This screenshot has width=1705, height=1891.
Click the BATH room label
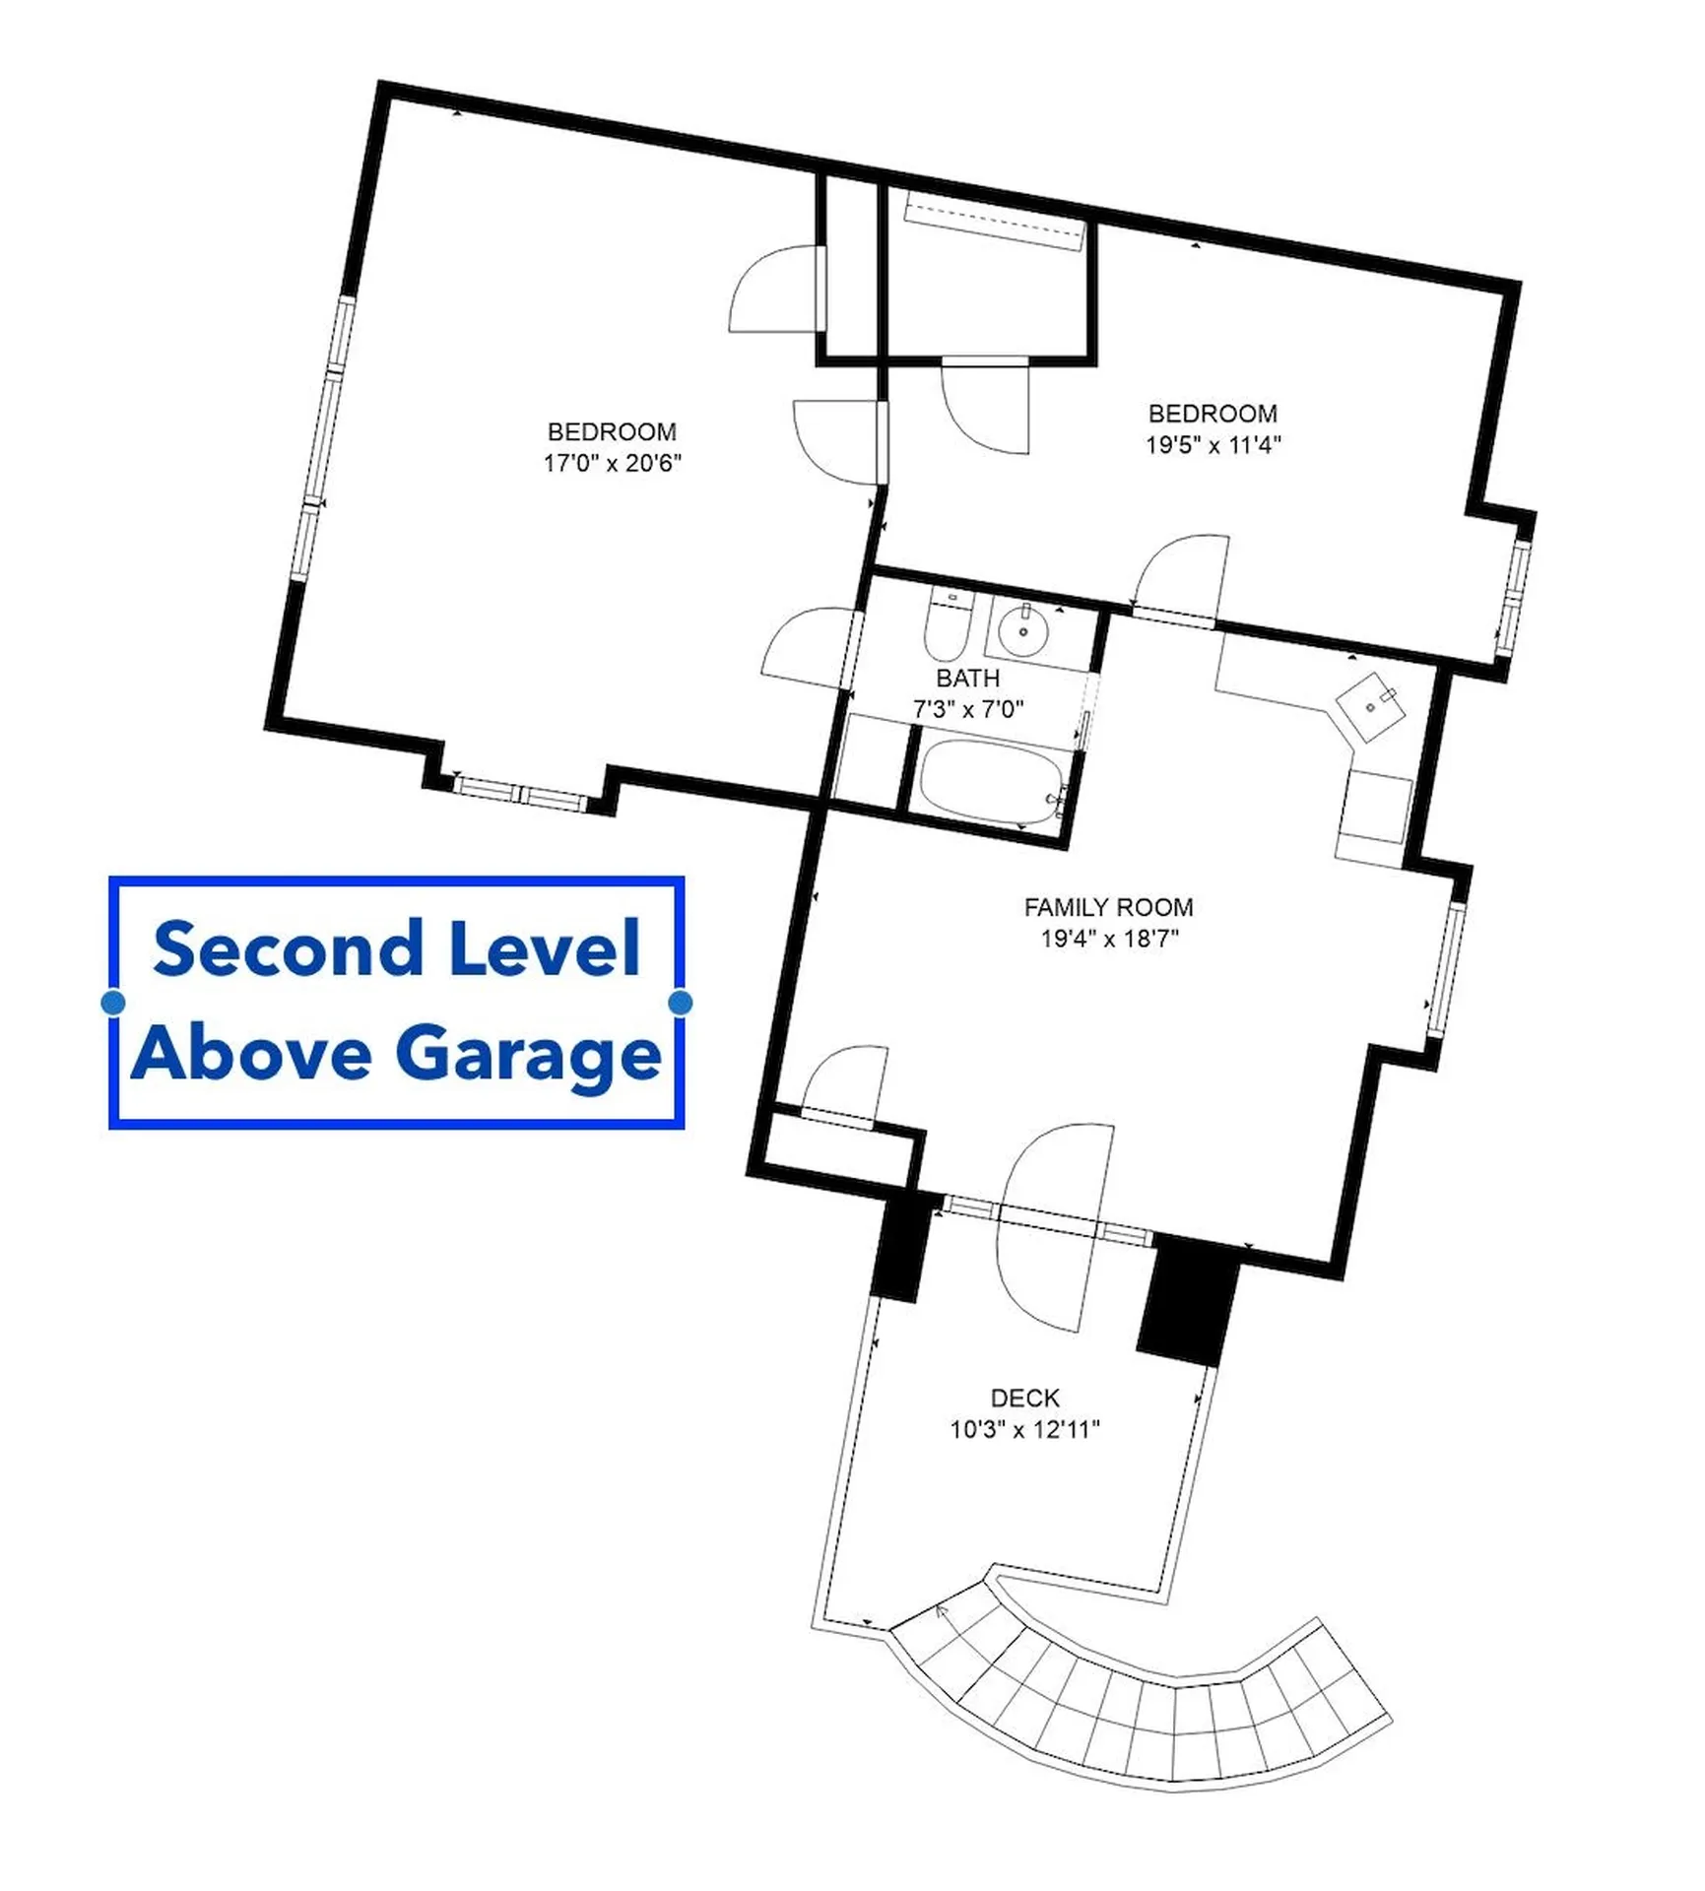(967, 679)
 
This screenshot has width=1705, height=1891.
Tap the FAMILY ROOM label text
(1108, 907)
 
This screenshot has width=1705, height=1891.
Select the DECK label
(1024, 1398)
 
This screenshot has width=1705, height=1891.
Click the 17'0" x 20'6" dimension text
(612, 463)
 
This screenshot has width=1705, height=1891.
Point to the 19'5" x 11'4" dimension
(1213, 445)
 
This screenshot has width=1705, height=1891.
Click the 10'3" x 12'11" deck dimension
(1024, 1429)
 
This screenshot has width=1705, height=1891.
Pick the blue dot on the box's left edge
(113, 1003)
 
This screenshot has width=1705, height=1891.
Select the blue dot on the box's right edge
(680, 1003)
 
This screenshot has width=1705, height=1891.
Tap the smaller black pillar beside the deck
(901, 1247)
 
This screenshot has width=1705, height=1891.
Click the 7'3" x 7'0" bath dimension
(968, 709)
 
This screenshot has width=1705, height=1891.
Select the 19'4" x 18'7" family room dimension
(1109, 939)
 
